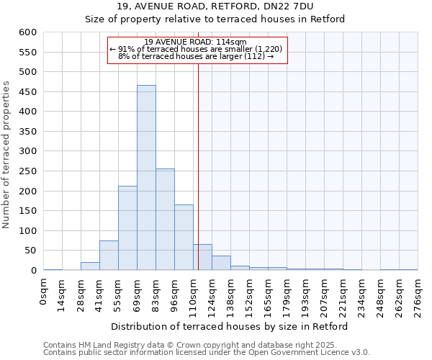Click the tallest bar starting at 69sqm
click(x=146, y=178)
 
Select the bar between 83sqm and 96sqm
click(x=165, y=220)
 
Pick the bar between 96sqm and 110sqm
click(x=184, y=238)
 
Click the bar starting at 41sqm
click(x=109, y=256)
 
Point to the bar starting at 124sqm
click(x=221, y=264)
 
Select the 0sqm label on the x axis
click(x=44, y=292)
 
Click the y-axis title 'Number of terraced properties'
click(x=7, y=155)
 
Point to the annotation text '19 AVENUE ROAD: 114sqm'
click(x=196, y=42)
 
